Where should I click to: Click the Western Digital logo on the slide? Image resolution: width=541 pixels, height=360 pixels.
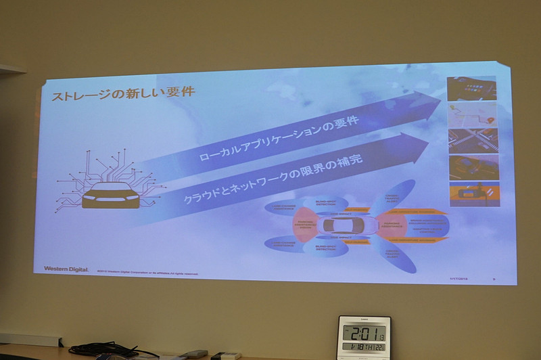(x=66, y=269)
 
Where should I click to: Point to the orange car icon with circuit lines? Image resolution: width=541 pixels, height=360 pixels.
(x=111, y=195)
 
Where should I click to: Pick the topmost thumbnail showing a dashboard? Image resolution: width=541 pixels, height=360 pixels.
(x=471, y=88)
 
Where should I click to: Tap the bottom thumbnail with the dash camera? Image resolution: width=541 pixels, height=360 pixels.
(x=471, y=193)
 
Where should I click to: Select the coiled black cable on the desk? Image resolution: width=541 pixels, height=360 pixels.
(x=101, y=349)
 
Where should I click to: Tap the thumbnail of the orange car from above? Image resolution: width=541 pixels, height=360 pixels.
(x=471, y=166)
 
